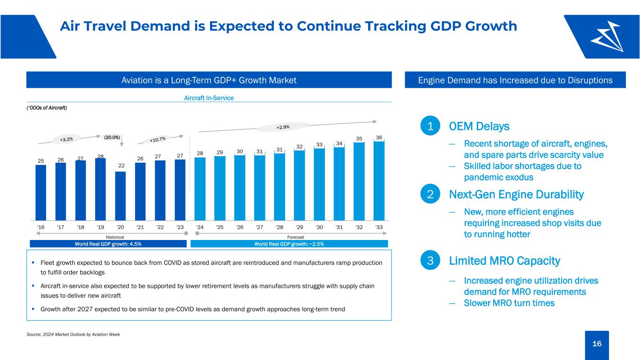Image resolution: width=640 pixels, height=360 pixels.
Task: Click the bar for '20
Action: [x=120, y=196]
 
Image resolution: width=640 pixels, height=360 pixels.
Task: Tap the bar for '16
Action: [x=41, y=193]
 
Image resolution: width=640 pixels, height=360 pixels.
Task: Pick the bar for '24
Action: [x=200, y=189]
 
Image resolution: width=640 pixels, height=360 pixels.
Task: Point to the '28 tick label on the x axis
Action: [x=279, y=227]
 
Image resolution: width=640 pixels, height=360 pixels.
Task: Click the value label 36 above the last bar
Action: [x=379, y=137]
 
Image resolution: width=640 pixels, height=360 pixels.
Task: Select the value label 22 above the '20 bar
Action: [x=121, y=165]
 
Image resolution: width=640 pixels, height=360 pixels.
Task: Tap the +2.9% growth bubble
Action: [x=283, y=127]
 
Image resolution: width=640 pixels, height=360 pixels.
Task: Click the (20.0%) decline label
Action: [x=112, y=137]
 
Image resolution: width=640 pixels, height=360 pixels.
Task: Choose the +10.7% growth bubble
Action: [x=158, y=139]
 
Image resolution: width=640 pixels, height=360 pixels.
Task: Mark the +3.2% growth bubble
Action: [x=66, y=139]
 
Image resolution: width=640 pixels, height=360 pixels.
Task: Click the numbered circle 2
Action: [x=430, y=194]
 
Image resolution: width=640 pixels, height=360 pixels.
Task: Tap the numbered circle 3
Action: [x=430, y=260]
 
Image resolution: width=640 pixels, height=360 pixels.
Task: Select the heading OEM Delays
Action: [x=479, y=126]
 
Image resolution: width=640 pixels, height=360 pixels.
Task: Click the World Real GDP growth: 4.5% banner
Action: [x=108, y=244]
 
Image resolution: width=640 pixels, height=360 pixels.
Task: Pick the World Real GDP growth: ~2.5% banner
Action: [x=289, y=244]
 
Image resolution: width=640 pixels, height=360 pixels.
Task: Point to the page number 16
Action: [x=597, y=344]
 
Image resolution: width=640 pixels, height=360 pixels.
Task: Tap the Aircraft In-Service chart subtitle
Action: [x=209, y=98]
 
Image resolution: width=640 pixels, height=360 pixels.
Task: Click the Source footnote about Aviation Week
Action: [x=73, y=334]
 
